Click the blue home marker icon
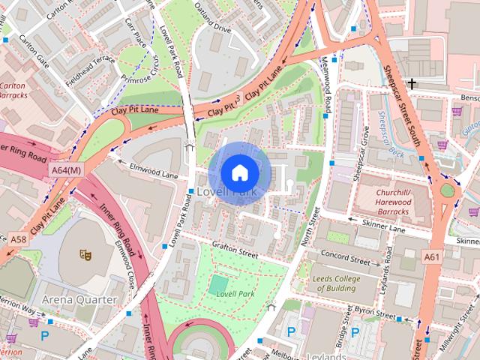click(239, 173)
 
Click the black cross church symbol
click(412, 83)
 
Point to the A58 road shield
click(19, 238)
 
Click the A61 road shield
click(431, 256)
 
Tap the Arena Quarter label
click(79, 299)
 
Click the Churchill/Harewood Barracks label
click(403, 196)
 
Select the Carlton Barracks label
click(14, 91)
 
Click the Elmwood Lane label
click(154, 170)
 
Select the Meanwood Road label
click(326, 86)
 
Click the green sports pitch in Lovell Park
click(218, 284)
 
